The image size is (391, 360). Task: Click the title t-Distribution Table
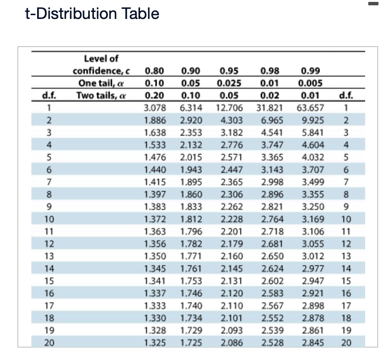click(x=92, y=14)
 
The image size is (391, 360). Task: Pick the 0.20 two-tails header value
click(x=155, y=95)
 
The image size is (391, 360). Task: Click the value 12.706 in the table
click(x=230, y=108)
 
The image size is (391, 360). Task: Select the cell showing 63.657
click(x=310, y=108)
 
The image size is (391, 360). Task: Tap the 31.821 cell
click(x=269, y=108)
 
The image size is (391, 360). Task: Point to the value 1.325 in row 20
click(x=155, y=343)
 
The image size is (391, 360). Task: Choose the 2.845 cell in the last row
click(x=313, y=343)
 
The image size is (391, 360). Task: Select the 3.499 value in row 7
click(x=313, y=182)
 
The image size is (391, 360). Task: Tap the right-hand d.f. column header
click(x=346, y=95)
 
